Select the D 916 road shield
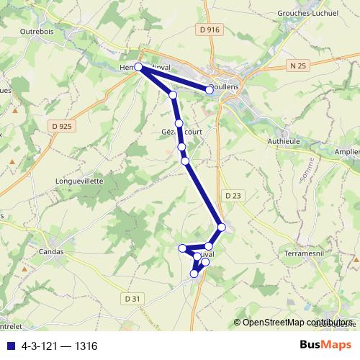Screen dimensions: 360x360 click(209, 30)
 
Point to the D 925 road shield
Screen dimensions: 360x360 click(63, 126)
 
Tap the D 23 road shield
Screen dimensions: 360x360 click(232, 195)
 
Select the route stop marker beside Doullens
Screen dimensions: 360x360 click(210, 90)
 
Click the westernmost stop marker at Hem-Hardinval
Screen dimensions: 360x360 click(138, 67)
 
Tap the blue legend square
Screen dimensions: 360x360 click(9, 346)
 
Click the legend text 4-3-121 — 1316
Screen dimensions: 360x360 click(60, 346)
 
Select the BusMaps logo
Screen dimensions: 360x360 click(325, 345)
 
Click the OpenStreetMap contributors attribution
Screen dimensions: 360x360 click(296, 322)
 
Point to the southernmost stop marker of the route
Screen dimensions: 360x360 click(194, 274)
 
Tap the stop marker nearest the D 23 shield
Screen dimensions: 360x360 click(222, 228)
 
